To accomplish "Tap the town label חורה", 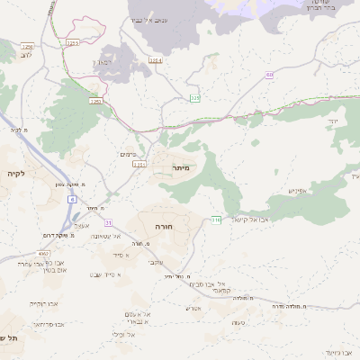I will pos(164,227).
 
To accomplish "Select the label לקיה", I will pos(17,172).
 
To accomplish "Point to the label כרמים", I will pos(128,155).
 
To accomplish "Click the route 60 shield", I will pos(269,75).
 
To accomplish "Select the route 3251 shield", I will pos(139,165).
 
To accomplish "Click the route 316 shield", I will pos(216,219).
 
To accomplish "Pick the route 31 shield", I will pos(110,221).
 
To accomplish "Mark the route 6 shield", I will pos(72,198).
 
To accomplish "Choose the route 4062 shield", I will pos(44,254).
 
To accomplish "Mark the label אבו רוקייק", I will pos(42,303).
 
